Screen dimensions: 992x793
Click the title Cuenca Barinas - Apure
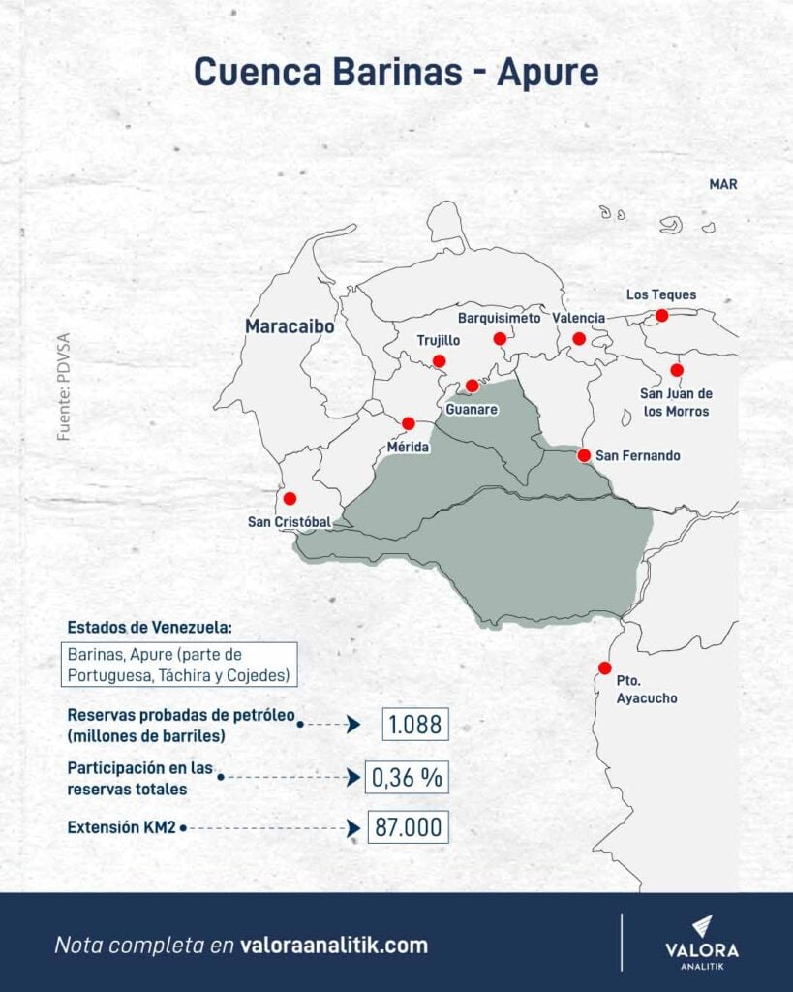(396, 72)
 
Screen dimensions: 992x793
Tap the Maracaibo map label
(290, 327)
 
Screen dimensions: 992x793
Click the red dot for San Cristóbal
(290, 498)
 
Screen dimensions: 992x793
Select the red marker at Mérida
(409, 423)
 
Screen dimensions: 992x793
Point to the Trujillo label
(439, 341)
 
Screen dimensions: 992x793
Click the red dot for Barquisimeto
(500, 338)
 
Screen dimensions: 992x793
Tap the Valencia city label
(579, 318)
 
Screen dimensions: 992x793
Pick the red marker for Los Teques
(661, 315)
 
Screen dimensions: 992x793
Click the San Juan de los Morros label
(676, 402)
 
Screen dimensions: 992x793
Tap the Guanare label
(472, 410)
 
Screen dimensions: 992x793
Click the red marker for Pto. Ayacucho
(605, 667)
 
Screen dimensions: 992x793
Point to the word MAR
(723, 183)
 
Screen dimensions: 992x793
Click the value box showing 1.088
(416, 724)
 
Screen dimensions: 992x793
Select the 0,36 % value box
(408, 776)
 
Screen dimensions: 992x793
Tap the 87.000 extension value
(408, 828)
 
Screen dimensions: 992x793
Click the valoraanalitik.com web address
(334, 945)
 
